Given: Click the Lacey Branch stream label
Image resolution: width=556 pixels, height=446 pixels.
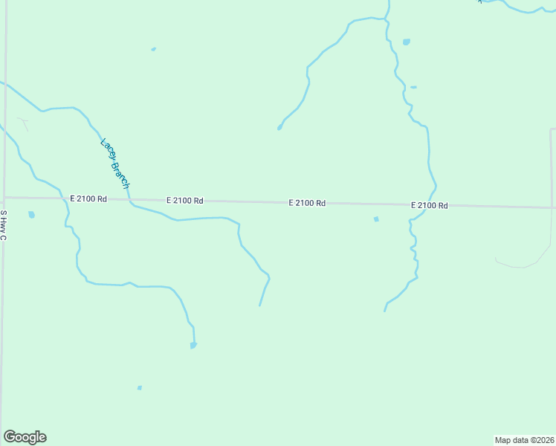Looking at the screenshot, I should pyautogui.click(x=114, y=164).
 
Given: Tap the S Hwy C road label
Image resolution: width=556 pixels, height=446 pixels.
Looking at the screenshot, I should pyautogui.click(x=4, y=226).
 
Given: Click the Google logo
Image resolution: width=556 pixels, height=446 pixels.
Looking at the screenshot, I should pyautogui.click(x=25, y=437).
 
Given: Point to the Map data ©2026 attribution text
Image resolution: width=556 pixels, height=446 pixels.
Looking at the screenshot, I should pyautogui.click(x=525, y=440).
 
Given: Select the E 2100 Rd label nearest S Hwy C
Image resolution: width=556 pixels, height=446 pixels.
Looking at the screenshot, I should pyautogui.click(x=88, y=198).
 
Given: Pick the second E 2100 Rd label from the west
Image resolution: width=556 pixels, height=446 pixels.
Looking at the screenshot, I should pyautogui.click(x=185, y=201).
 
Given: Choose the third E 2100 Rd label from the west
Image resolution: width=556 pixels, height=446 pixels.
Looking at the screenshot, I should pyautogui.click(x=308, y=203).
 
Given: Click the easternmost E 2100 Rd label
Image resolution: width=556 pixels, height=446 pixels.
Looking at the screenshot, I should pyautogui.click(x=429, y=205).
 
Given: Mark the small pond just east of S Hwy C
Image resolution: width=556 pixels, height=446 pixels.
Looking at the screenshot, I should pyautogui.click(x=31, y=215).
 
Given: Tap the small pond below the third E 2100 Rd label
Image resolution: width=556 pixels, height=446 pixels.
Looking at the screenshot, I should pyautogui.click(x=376, y=219).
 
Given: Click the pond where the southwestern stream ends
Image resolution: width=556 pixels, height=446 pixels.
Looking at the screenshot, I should pyautogui.click(x=193, y=345).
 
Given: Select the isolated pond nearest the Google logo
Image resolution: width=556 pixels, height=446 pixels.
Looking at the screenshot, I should pyautogui.click(x=139, y=387).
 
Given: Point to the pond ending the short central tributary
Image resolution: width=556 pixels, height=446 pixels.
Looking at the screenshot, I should pyautogui.click(x=279, y=128).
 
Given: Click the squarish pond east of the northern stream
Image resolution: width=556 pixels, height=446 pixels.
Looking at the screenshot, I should pyautogui.click(x=407, y=42).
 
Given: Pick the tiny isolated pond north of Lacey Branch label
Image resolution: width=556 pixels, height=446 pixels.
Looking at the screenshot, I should pyautogui.click(x=153, y=49).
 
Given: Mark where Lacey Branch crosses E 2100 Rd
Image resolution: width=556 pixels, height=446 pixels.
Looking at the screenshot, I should pyautogui.click(x=129, y=199).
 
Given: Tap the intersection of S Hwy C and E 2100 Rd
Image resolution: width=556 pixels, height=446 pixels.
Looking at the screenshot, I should pyautogui.click(x=4, y=197).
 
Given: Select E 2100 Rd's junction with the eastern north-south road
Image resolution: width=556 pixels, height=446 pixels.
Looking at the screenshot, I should pyautogui.click(x=552, y=207).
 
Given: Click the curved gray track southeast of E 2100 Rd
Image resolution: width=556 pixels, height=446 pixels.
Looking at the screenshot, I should pyautogui.click(x=524, y=265).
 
